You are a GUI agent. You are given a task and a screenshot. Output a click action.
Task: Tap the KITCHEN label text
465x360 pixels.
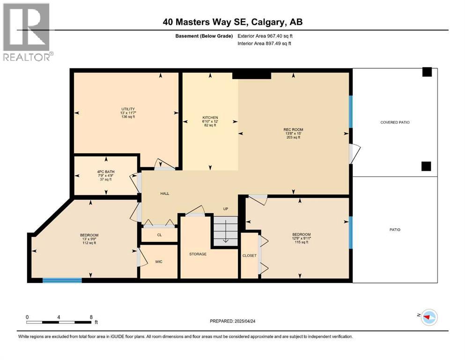tap(210, 118)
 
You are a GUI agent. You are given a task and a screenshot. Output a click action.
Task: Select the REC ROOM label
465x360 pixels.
tap(293, 130)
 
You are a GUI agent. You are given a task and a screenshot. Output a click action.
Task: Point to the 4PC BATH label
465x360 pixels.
tap(105, 172)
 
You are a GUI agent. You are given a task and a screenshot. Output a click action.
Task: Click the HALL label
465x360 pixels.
tap(164, 194)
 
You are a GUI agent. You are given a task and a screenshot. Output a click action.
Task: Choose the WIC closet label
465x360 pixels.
tap(159, 262)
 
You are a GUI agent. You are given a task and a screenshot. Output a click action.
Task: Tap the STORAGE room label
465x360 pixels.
tap(198, 254)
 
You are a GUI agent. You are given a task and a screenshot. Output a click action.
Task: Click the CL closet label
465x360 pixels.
tap(159, 235)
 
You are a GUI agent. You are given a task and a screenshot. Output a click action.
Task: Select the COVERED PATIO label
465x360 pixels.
tap(395, 122)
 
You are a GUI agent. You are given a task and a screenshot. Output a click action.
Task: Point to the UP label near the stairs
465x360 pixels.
tap(225, 209)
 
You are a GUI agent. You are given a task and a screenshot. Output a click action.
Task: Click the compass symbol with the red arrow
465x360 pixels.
tap(428, 317)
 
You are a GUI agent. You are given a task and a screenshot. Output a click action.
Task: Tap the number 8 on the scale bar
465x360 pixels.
tap(90, 317)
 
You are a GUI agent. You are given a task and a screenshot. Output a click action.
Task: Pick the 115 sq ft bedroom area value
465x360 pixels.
tap(302, 242)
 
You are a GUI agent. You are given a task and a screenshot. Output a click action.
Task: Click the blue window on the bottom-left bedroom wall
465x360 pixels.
tap(62, 280)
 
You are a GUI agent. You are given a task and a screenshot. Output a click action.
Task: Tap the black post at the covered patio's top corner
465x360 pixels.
tap(426, 72)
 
